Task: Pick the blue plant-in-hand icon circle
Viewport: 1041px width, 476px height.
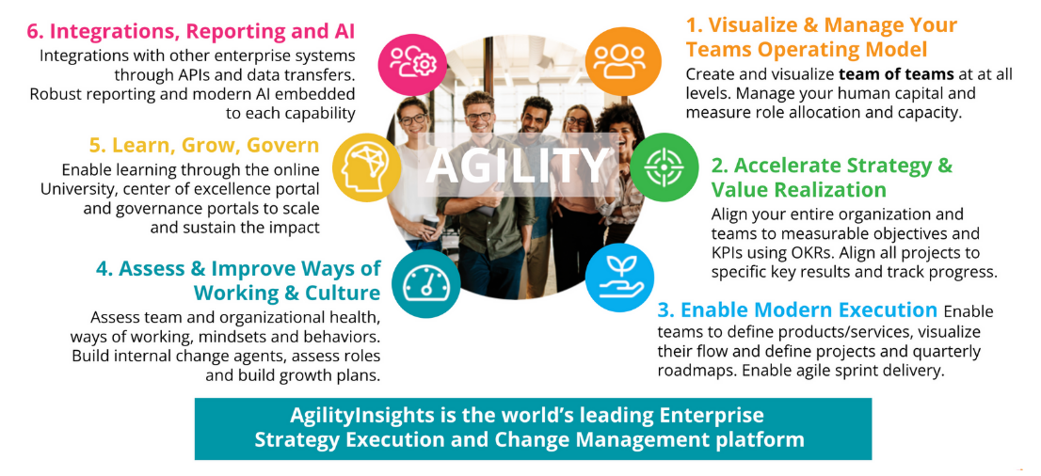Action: (x=618, y=278)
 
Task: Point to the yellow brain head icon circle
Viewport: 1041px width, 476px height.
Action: (x=366, y=168)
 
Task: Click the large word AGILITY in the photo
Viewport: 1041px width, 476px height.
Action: (x=517, y=166)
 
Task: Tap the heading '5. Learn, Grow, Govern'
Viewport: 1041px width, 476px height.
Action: (x=204, y=145)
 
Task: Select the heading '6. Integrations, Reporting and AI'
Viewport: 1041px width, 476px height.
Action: (x=191, y=30)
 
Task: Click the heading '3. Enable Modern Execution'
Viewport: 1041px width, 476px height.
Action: (x=797, y=310)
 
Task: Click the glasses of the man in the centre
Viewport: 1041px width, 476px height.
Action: (x=478, y=117)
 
